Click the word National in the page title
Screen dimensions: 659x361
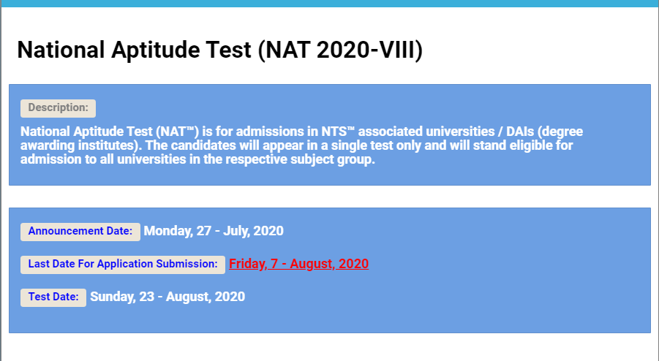pos(61,50)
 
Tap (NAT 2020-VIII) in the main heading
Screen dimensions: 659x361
pos(340,50)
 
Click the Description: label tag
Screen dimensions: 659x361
pos(58,108)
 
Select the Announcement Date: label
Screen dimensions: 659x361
pos(80,232)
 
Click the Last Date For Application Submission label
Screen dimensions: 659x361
pos(123,264)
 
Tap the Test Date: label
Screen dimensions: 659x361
pos(53,297)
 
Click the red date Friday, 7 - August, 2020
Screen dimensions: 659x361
pos(299,264)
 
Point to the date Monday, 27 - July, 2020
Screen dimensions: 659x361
pos(214,231)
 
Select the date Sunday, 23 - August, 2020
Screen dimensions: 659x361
pos(167,297)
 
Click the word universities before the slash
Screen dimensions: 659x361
pos(460,132)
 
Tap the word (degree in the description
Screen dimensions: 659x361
pos(560,132)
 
